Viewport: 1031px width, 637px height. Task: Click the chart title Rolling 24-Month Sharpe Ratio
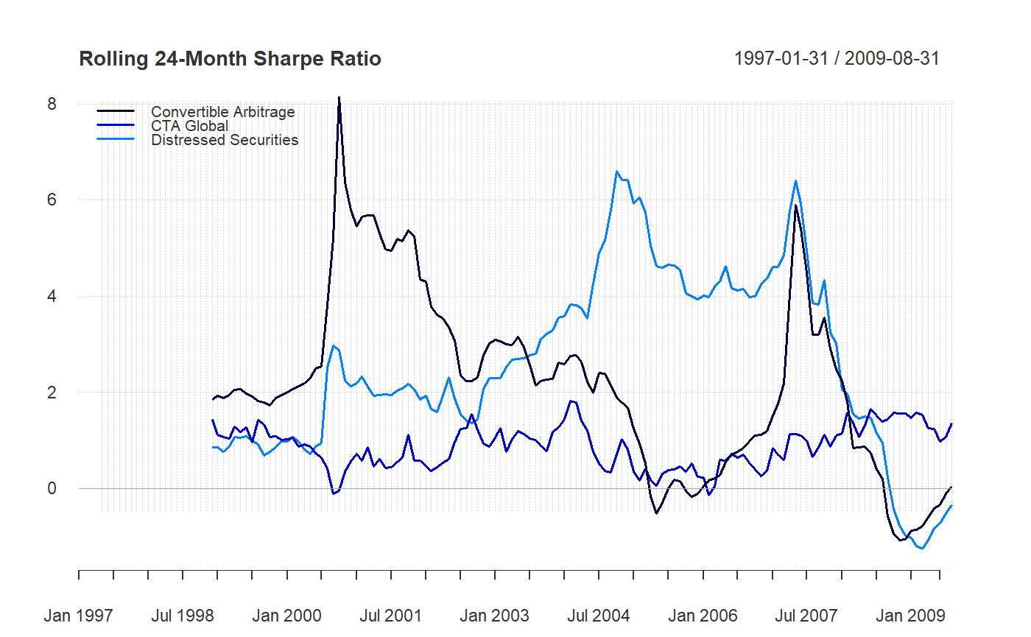tap(230, 59)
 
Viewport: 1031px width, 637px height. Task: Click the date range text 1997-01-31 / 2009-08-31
tap(837, 59)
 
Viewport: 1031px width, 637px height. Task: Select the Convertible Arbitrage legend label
tap(222, 112)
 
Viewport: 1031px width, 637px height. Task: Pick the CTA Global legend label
tap(189, 126)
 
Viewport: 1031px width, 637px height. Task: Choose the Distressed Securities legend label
tap(225, 140)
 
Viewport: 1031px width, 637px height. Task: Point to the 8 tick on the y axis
tap(52, 104)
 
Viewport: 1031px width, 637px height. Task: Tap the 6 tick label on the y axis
tap(52, 200)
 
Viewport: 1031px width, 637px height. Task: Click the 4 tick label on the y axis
tap(52, 296)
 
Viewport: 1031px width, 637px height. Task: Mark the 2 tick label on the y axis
tap(52, 392)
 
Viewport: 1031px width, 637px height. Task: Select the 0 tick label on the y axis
tap(52, 488)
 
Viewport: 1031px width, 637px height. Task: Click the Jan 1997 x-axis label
tap(79, 616)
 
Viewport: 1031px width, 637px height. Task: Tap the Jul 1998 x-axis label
tap(183, 616)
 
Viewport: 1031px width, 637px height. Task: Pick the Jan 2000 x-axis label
tap(286, 616)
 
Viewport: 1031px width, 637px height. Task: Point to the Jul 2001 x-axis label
tap(390, 616)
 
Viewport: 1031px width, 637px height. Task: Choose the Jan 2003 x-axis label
tap(495, 616)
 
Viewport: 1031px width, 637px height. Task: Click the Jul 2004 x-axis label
tap(599, 616)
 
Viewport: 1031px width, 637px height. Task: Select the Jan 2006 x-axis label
tap(703, 616)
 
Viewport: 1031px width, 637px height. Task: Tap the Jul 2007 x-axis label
tap(806, 616)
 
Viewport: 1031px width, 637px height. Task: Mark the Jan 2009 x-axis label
tap(910, 616)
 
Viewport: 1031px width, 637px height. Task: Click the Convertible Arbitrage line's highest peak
tap(339, 98)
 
